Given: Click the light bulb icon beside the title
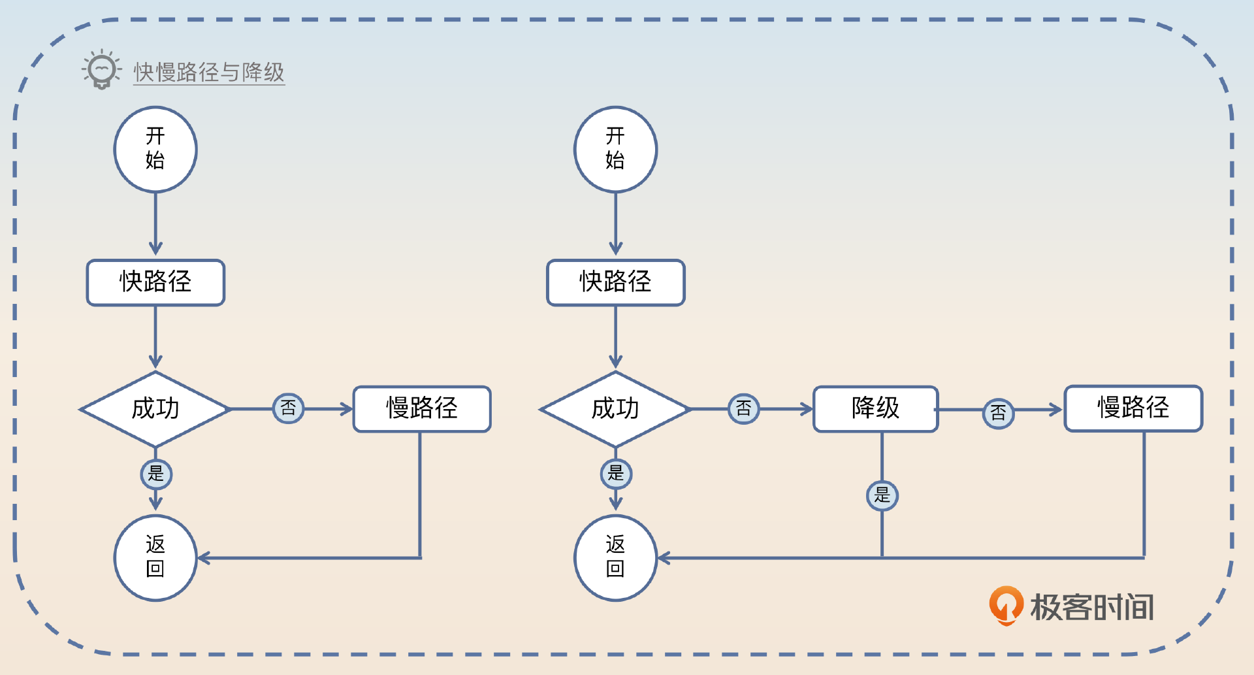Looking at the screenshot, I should coord(101,69).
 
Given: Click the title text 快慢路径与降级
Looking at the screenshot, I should coord(209,73).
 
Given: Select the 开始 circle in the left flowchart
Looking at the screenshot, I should coord(155,149).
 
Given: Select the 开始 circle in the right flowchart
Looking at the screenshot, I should coord(615,149).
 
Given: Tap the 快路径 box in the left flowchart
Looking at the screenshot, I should coord(155,282).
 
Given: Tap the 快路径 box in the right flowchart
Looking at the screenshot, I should coord(615,282).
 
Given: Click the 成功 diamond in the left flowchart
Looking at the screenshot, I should coord(155,409).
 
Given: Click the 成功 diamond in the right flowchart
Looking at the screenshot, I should coord(615,409).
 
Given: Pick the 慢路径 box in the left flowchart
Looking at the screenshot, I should coord(422,409).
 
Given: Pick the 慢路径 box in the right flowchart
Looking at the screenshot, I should coord(1133,408).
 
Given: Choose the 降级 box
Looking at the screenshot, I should coord(875,409).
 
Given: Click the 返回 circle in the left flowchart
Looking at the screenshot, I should coord(155,557).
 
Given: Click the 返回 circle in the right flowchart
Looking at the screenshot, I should coord(615,557).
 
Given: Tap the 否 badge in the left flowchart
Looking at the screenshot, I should coord(288,408).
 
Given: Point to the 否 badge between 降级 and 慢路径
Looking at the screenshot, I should coord(998,412).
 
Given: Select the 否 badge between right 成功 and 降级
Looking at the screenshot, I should coord(743,409).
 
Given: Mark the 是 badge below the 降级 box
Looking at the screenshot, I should coord(882,495).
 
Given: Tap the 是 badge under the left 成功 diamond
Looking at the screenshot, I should coord(156,474).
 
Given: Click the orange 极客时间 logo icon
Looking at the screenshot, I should coord(1006,605).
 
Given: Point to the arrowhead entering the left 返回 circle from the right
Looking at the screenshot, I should coord(202,558).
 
